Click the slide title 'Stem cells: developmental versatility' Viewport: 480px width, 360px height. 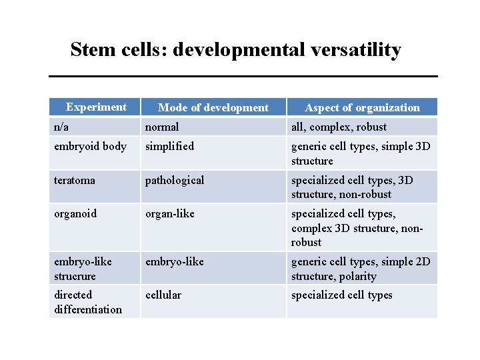pyautogui.click(x=235, y=50)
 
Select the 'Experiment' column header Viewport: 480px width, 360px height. pyautogui.click(x=96, y=107)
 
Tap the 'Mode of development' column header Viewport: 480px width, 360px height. pyautogui.click(x=213, y=107)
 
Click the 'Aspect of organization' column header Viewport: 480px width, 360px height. pyautogui.click(x=362, y=107)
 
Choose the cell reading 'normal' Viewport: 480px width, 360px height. pyautogui.click(x=162, y=127)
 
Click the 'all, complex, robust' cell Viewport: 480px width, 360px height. pyautogui.click(x=339, y=127)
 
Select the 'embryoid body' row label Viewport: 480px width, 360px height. pyautogui.click(x=90, y=146)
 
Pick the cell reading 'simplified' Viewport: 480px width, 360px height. pyautogui.click(x=169, y=146)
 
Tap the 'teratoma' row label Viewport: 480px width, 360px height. pyautogui.click(x=75, y=180)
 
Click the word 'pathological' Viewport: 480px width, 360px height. pyautogui.click(x=175, y=180)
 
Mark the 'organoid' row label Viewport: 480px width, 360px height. pyautogui.click(x=75, y=213)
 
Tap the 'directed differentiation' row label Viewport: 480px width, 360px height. pyautogui.click(x=88, y=302)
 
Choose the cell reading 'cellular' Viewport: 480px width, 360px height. pyautogui.click(x=163, y=295)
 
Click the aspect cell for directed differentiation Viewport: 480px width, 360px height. pyautogui.click(x=341, y=295)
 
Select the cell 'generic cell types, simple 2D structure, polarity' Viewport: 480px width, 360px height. pyautogui.click(x=361, y=269)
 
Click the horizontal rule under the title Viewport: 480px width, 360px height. pyautogui.click(x=243, y=76)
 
